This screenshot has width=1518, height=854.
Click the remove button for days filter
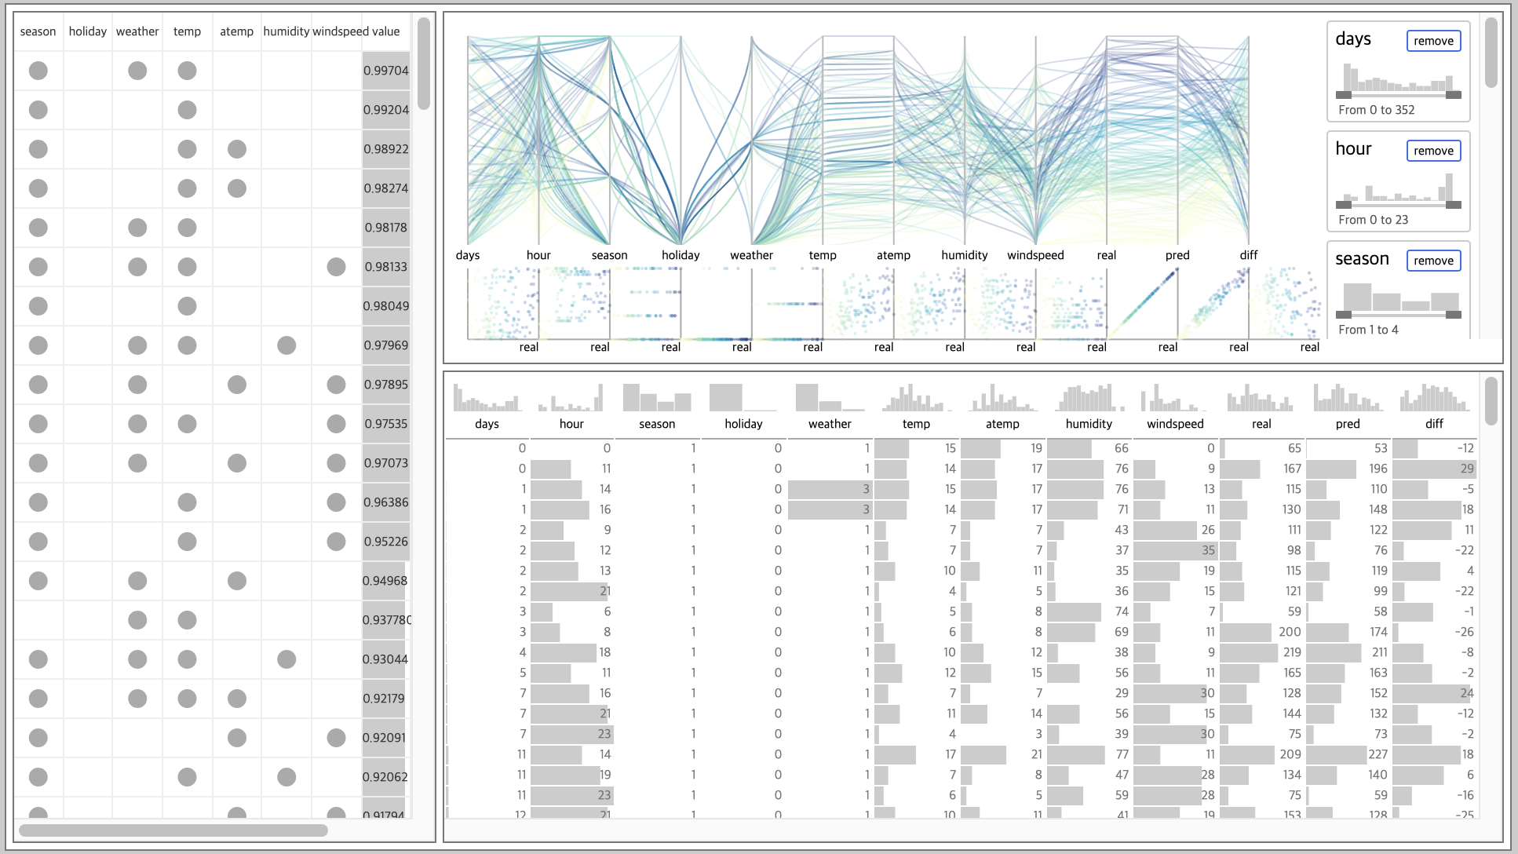pos(1433,41)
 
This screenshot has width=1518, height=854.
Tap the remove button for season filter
pos(1433,261)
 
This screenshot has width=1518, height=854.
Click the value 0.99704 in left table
pos(385,71)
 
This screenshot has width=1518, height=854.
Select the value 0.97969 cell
pos(385,345)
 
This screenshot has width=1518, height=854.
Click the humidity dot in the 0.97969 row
pos(286,345)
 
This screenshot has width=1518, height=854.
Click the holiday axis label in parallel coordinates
pos(681,255)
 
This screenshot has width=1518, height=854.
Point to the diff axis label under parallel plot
pos(1248,255)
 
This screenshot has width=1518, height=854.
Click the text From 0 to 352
pos(1376,110)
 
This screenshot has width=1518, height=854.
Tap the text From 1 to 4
pos(1368,330)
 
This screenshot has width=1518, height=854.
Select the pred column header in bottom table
pos(1348,424)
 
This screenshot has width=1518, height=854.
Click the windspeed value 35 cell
pos(1208,550)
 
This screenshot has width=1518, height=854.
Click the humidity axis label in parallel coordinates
pos(964,255)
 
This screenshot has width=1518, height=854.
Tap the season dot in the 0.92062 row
pos(38,777)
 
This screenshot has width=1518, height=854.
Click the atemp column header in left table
pos(236,31)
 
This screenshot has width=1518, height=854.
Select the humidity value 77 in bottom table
pos(1122,754)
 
